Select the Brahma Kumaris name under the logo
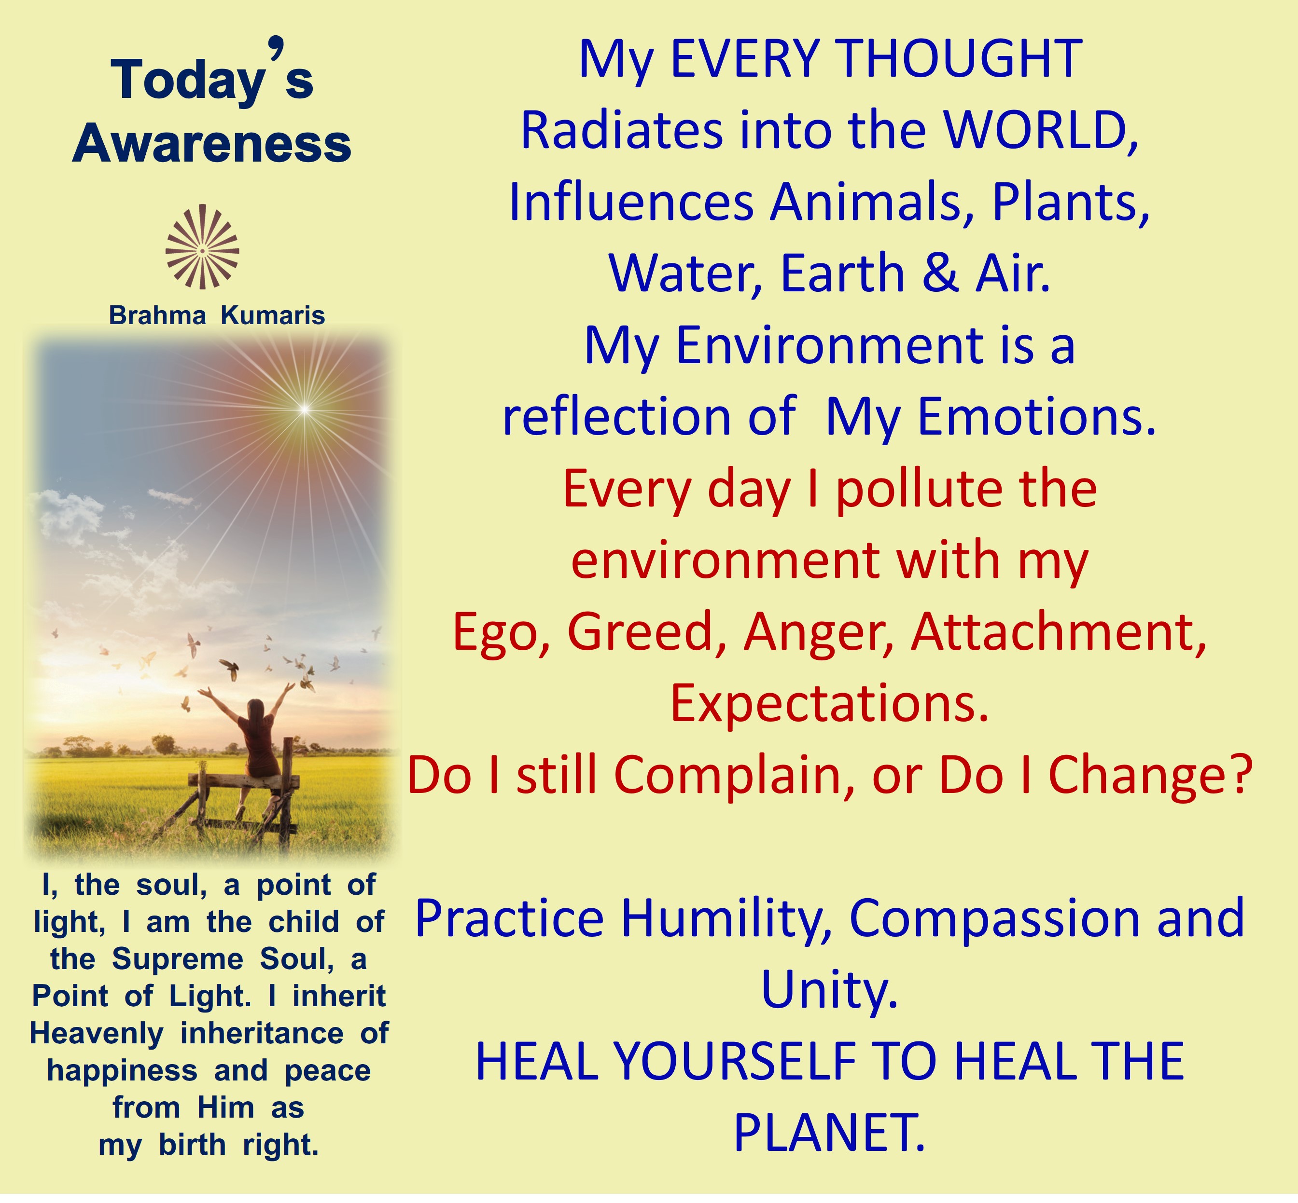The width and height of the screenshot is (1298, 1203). click(217, 316)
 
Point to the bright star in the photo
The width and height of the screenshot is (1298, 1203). click(304, 409)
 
